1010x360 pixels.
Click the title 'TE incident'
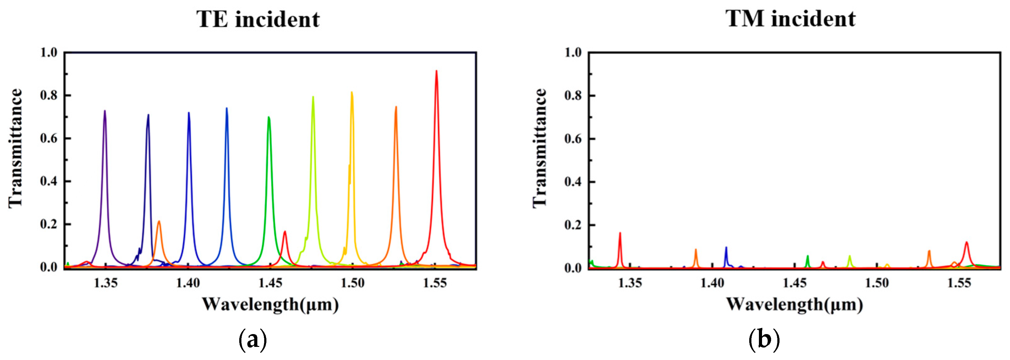[258, 19]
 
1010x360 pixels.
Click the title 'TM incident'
[790, 18]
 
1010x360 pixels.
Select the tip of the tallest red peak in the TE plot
[436, 72]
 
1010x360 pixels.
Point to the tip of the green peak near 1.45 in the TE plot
[269, 117]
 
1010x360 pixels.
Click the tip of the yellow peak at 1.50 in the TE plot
[352, 92]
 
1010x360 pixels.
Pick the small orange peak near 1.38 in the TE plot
[159, 222]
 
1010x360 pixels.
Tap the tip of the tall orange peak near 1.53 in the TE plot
[396, 107]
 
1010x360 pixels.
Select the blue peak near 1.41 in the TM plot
[726, 248]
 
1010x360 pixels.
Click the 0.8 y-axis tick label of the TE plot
[49, 95]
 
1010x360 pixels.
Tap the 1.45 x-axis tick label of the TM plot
[795, 283]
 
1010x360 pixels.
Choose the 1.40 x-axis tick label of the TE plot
[188, 283]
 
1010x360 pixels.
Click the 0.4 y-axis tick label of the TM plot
[572, 182]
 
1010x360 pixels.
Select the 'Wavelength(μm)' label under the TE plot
[270, 305]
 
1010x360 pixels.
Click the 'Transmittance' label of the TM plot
[540, 148]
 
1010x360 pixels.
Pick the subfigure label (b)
[764, 340]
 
